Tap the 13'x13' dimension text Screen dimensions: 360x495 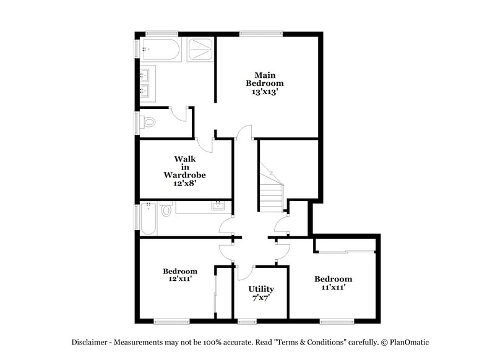265,92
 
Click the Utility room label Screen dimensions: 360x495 260,289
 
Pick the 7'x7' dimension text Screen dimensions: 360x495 260,298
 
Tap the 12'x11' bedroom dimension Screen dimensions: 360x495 180,280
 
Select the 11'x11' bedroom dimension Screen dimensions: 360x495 333,287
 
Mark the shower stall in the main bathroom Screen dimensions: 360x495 199,51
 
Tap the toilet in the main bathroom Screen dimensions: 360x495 149,122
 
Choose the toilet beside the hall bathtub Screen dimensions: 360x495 166,210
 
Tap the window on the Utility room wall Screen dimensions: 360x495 247,320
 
